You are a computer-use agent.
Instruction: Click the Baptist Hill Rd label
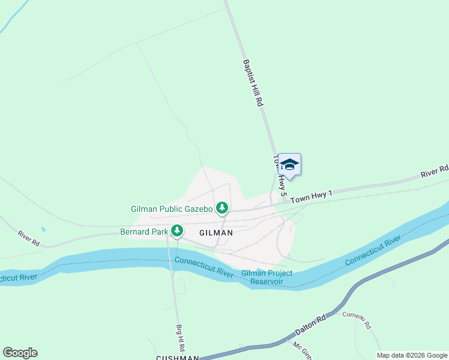(x=253, y=83)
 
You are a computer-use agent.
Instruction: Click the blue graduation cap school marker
(x=289, y=164)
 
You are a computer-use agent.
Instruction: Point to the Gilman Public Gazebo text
(x=172, y=209)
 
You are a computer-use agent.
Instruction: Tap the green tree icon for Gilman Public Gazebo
(x=223, y=208)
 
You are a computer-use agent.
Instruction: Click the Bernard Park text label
(x=144, y=230)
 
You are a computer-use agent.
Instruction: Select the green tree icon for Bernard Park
(x=177, y=230)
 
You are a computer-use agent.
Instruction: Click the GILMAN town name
(x=216, y=232)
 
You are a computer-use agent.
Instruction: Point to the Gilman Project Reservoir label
(x=267, y=277)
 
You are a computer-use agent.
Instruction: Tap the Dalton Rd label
(x=310, y=325)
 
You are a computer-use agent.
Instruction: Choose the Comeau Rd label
(x=358, y=320)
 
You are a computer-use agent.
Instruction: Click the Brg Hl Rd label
(x=179, y=338)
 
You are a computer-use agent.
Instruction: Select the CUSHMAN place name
(x=177, y=358)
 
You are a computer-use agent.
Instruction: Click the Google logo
(x=20, y=353)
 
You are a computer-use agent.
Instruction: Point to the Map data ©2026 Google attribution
(x=412, y=355)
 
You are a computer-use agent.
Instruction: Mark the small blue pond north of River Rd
(x=43, y=229)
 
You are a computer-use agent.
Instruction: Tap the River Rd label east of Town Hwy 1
(x=435, y=172)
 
